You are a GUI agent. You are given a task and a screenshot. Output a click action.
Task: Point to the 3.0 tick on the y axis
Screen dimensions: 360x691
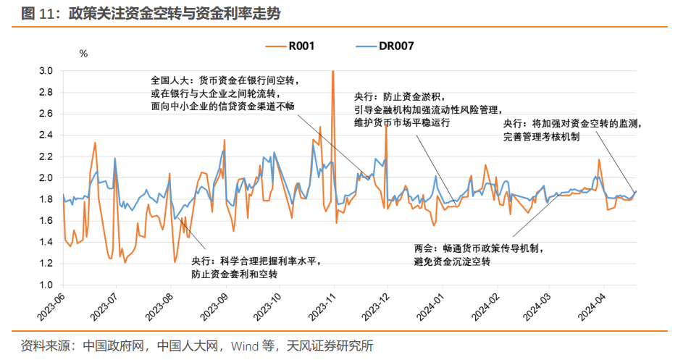pos(46,71)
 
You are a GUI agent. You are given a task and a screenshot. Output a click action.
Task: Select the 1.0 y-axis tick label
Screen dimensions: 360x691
pos(46,285)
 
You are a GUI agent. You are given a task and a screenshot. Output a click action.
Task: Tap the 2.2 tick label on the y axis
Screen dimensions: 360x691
pos(46,156)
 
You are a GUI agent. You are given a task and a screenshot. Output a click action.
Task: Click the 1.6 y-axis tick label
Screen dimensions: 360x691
pos(46,220)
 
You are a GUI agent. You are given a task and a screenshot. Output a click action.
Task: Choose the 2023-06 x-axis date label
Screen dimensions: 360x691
pos(50,308)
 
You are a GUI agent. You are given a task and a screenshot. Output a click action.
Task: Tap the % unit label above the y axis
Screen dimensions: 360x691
pos(83,54)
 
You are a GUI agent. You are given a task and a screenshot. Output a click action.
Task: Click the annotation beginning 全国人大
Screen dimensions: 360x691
pos(224,92)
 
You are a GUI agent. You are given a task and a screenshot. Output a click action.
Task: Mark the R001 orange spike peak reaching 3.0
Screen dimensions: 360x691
pos(332,72)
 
